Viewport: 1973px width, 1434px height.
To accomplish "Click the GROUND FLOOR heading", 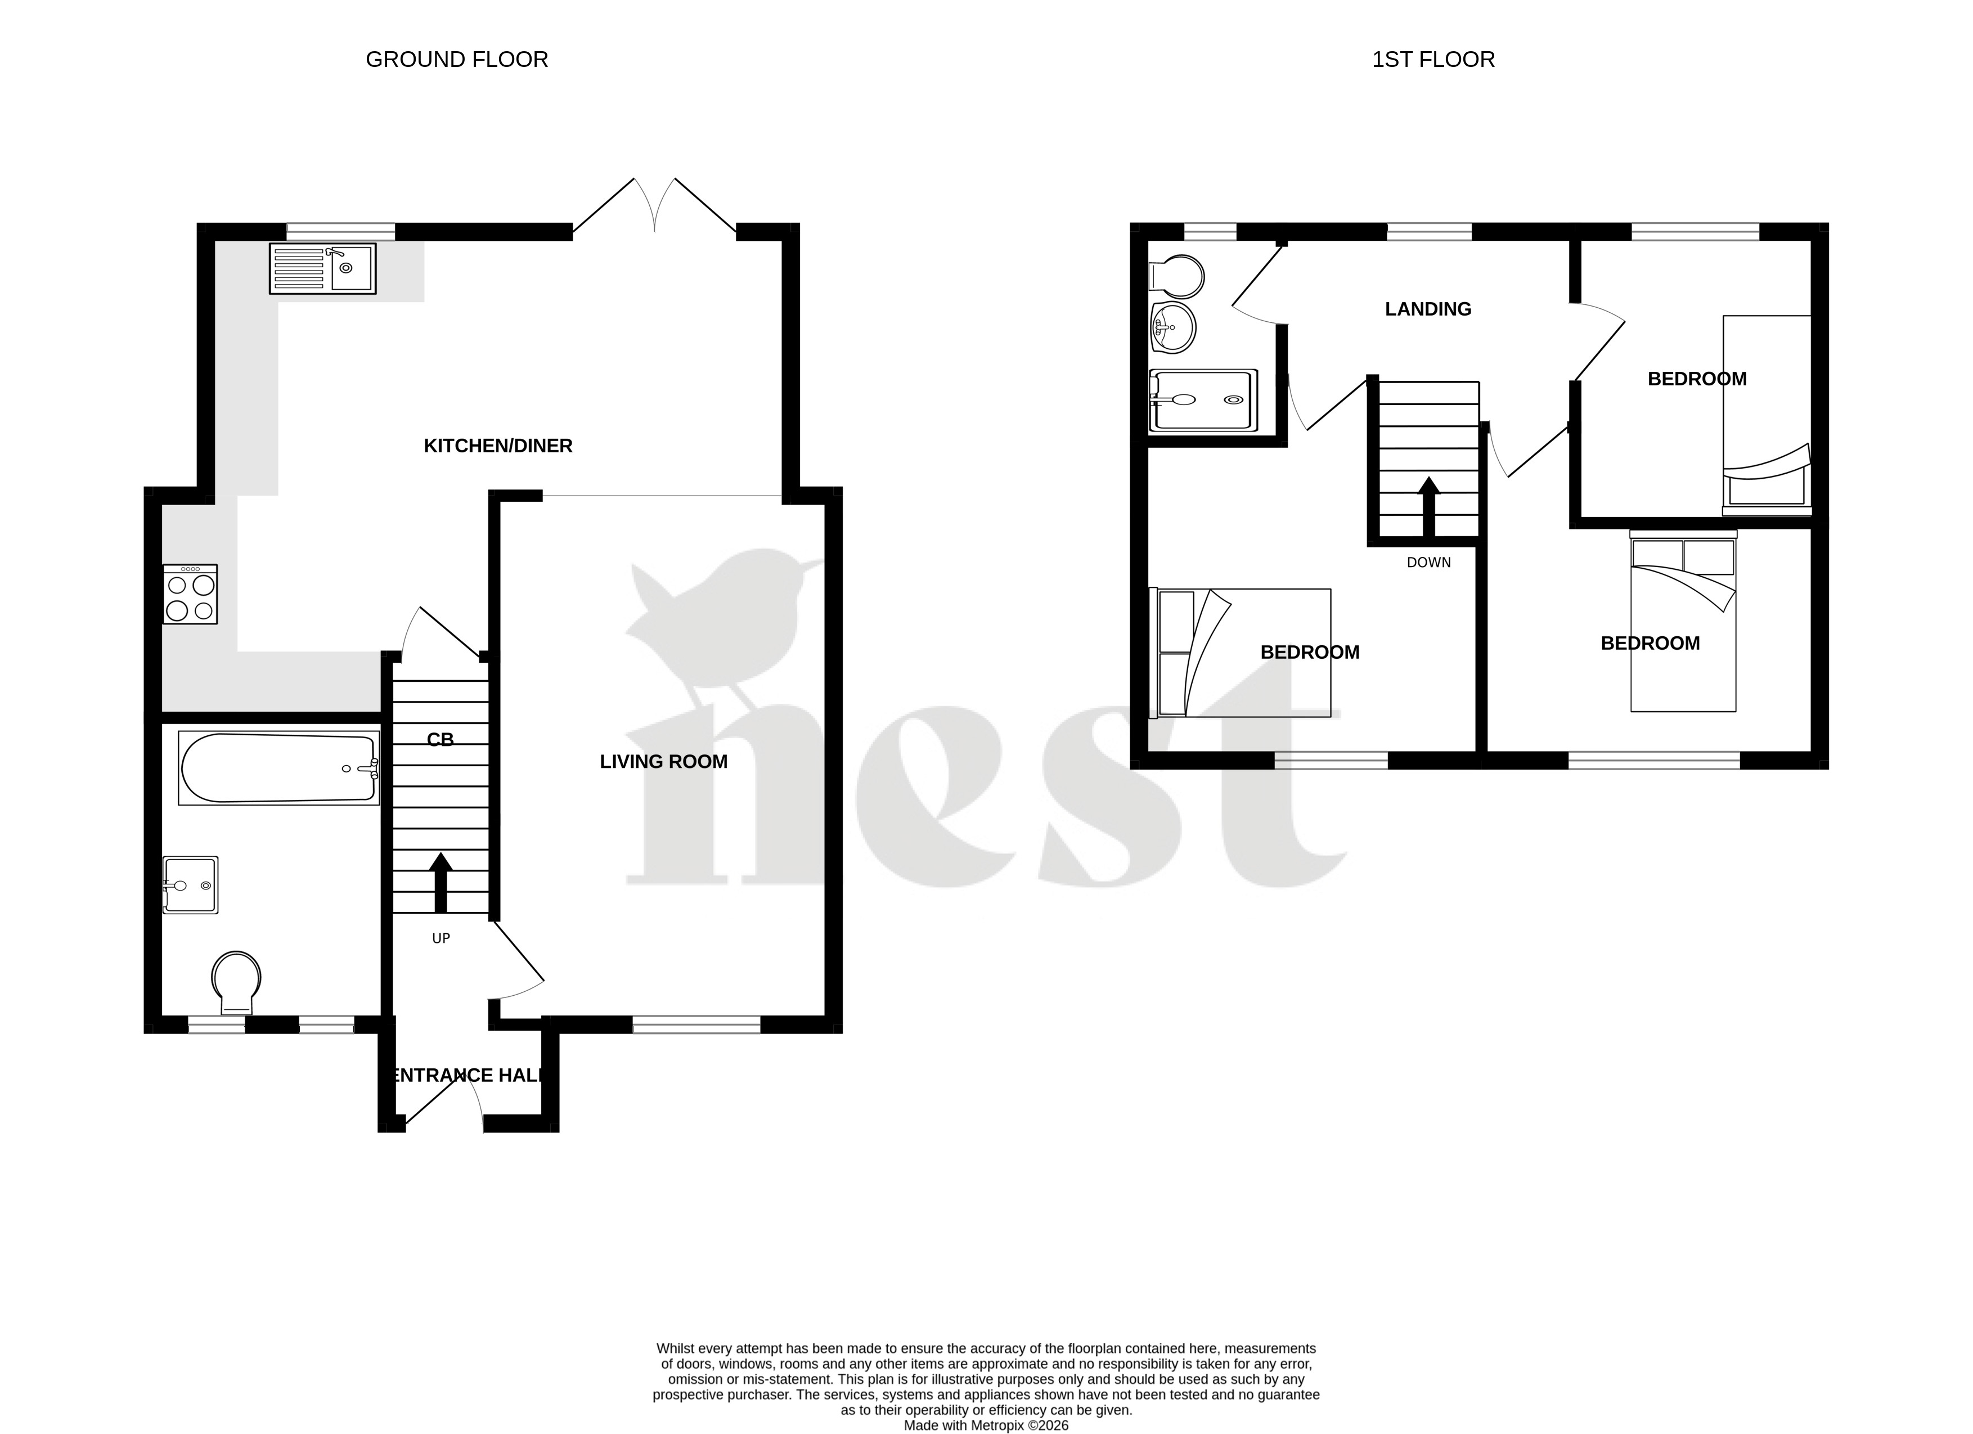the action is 457,59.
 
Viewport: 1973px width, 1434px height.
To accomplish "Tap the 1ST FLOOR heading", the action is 1433,59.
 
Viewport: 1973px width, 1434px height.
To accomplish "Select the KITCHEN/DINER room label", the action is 497,446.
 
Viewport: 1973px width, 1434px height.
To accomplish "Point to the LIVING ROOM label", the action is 663,761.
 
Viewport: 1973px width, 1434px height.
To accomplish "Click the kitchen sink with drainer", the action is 323,268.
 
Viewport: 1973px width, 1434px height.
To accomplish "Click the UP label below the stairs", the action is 441,938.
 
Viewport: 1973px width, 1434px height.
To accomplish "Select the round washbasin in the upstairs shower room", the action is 1172,327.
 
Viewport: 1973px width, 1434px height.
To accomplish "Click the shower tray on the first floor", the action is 1204,400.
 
